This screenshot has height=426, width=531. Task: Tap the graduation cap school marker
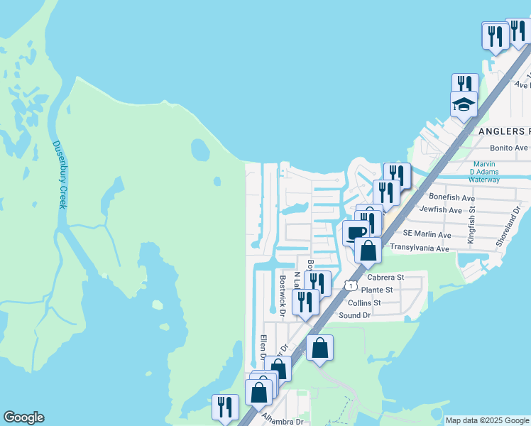point(464,105)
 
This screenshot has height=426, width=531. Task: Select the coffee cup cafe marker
point(356,232)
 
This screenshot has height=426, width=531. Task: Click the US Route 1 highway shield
point(351,285)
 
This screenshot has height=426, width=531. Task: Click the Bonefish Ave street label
point(451,197)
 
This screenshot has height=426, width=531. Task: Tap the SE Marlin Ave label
point(427,234)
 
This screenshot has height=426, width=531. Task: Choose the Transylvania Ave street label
point(420,248)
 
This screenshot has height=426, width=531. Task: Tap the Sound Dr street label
point(355,315)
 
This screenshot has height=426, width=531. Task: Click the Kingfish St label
point(471,226)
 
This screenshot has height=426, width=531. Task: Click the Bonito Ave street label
point(509,148)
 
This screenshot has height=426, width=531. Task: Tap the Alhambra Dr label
point(283,420)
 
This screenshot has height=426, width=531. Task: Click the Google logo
point(23,417)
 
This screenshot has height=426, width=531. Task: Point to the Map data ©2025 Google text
point(487,420)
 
